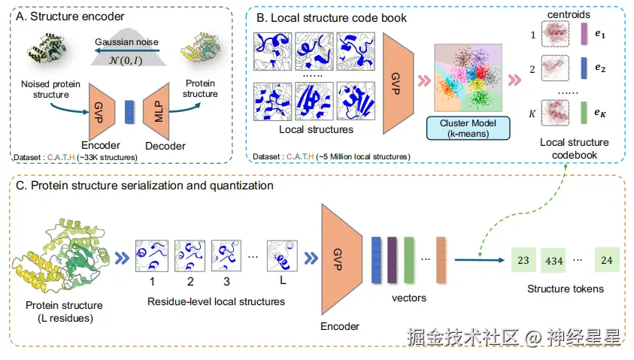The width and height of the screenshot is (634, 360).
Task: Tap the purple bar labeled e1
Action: coord(584,34)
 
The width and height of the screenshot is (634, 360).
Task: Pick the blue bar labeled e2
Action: coord(584,68)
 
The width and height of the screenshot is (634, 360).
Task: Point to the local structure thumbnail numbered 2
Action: coord(190,256)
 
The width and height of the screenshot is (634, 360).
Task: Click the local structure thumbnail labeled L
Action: coord(283,256)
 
